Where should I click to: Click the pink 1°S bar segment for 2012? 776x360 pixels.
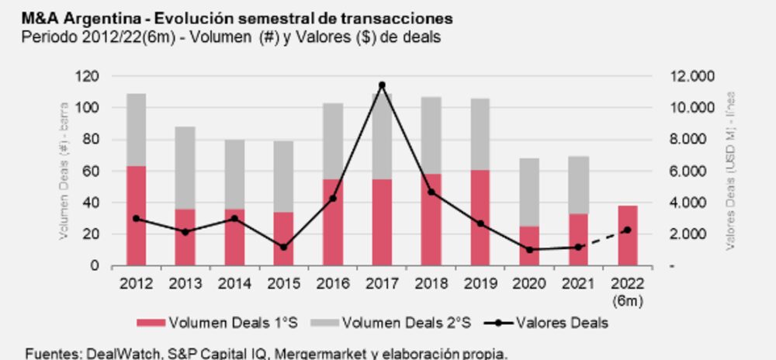[137, 216]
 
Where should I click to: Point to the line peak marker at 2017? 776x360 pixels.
[382, 85]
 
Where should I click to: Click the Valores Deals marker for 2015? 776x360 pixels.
[283, 247]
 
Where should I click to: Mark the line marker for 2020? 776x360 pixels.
[529, 250]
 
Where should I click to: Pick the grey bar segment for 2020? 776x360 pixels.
[529, 192]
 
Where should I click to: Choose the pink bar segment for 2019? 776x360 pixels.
[480, 218]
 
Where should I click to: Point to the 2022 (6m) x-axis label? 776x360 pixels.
[627, 289]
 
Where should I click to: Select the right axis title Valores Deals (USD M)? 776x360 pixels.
[731, 171]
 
